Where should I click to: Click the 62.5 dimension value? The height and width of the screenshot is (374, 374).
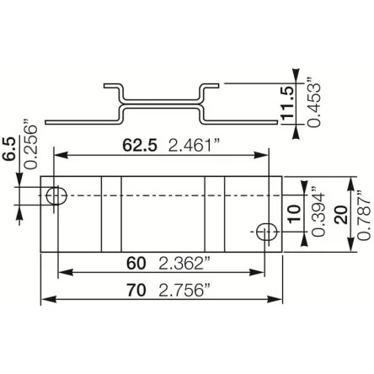140,146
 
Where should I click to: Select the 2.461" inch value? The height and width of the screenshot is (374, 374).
193,146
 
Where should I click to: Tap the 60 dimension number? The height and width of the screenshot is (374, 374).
136,264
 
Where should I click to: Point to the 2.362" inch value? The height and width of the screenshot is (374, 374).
184,264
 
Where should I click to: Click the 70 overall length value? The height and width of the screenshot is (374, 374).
136,290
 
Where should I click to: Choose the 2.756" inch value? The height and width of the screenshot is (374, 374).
184,290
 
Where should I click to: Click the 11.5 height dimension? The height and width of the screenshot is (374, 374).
287,103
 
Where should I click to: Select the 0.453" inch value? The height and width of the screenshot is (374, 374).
313,102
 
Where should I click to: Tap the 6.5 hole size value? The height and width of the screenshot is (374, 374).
10,149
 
